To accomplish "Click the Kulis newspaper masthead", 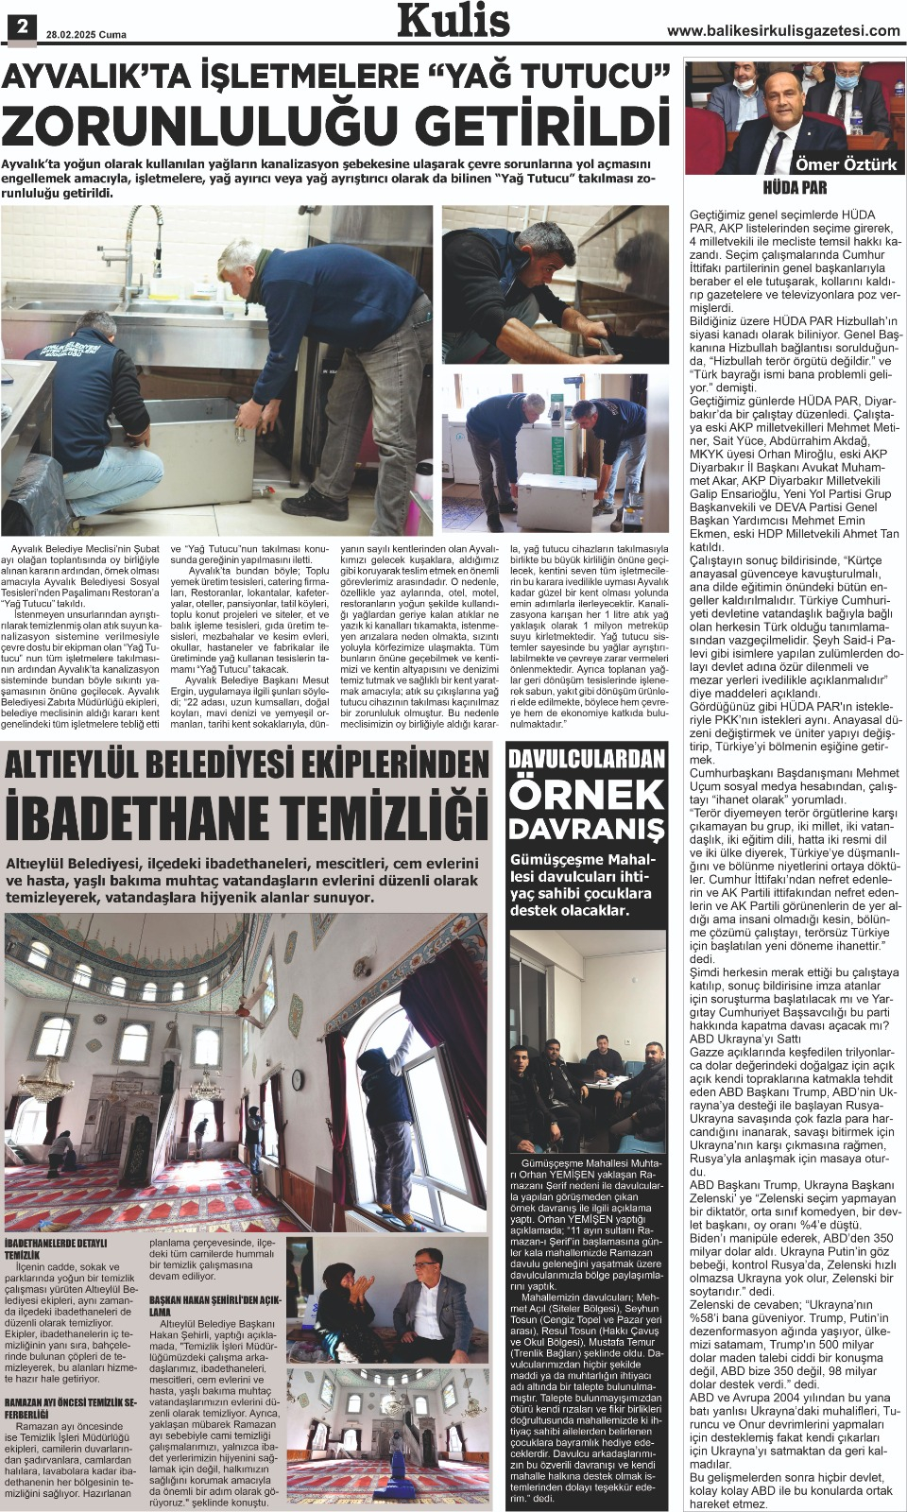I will pyautogui.click(x=453, y=21).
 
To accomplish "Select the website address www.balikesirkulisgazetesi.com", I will pyautogui.click(x=783, y=31).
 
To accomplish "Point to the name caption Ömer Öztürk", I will pyautogui.click(x=846, y=164).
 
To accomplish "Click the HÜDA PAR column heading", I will pyautogui.click(x=795, y=187).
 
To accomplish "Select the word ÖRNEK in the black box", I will pyautogui.click(x=587, y=795).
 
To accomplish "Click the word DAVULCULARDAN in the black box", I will pyautogui.click(x=587, y=759).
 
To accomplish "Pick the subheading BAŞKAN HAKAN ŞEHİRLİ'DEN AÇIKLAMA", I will pyautogui.click(x=215, y=1305).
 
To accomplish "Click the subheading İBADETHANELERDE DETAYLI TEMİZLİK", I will pyautogui.click(x=56, y=1248).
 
